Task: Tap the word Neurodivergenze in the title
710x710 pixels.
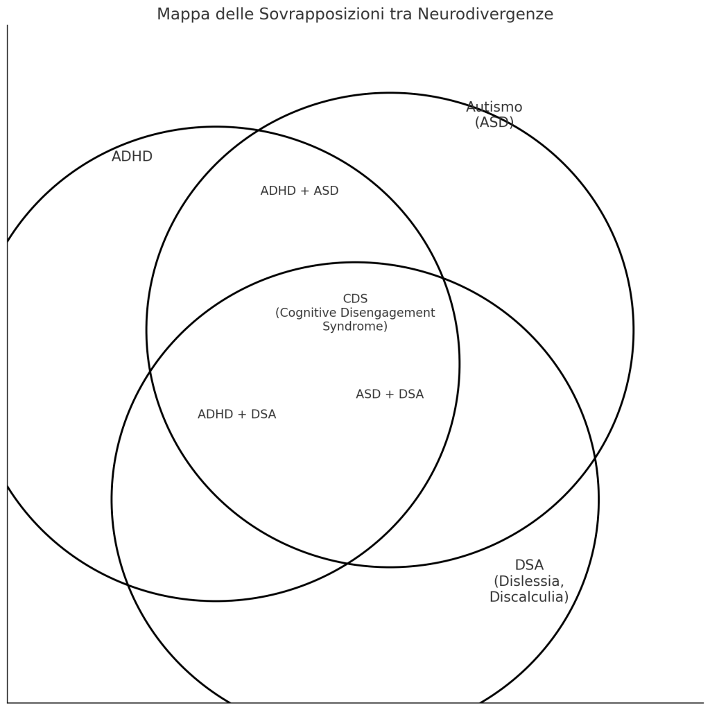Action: click(485, 15)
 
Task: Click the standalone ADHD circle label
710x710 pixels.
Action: click(132, 157)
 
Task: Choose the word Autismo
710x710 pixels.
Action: click(494, 107)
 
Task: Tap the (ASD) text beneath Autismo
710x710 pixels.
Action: click(494, 123)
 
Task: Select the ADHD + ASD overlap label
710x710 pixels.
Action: click(300, 191)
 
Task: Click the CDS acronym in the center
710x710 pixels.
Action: click(355, 299)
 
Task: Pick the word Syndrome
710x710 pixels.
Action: click(355, 326)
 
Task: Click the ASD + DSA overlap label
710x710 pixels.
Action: click(390, 395)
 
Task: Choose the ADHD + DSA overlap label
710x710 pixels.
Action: click(236, 415)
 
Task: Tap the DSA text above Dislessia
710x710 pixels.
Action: click(529, 565)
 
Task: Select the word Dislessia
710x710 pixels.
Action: click(529, 581)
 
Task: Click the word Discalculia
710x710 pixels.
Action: click(529, 597)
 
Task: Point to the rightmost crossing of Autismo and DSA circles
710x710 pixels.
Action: click(595, 458)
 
